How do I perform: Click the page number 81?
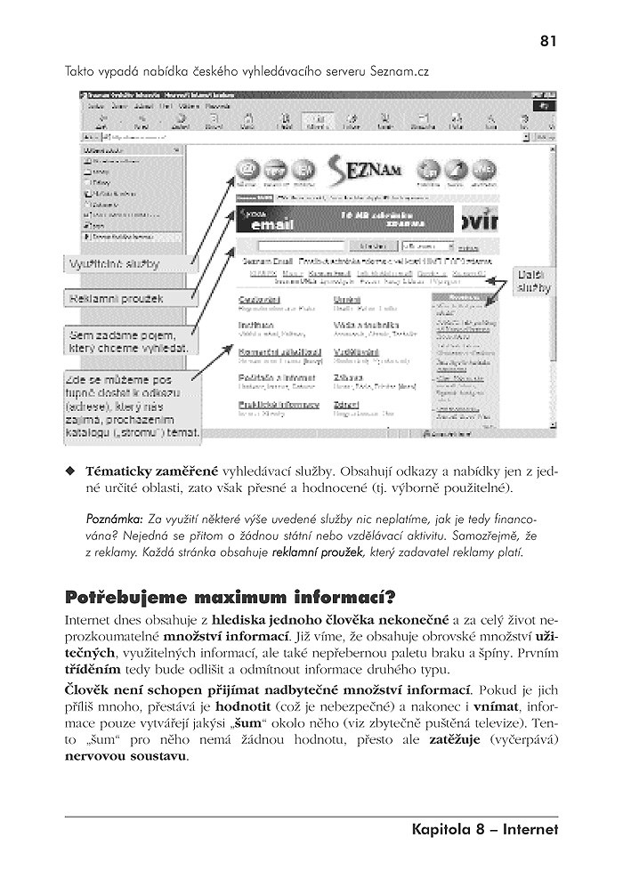(x=548, y=40)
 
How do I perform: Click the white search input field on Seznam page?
(x=294, y=245)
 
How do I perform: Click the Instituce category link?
(x=255, y=326)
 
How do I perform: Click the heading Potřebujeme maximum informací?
(x=231, y=595)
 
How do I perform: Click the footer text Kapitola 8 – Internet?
(x=484, y=830)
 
